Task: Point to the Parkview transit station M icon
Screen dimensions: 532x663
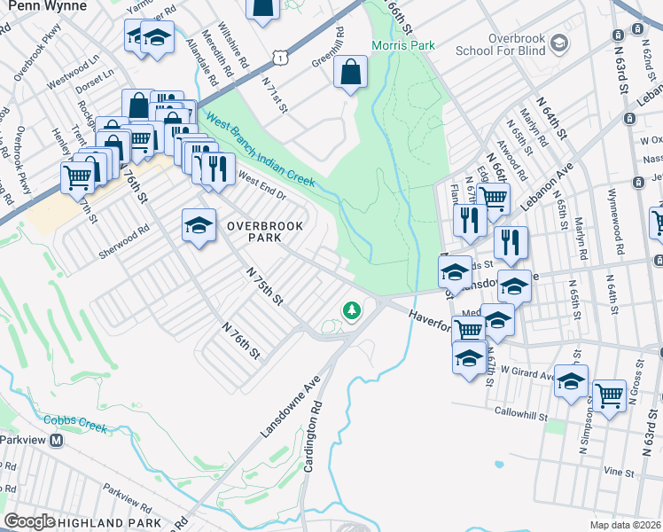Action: pyautogui.click(x=57, y=440)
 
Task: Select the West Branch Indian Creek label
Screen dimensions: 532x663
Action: pyautogui.click(x=259, y=149)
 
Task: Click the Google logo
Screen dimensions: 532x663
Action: pyautogui.click(x=29, y=521)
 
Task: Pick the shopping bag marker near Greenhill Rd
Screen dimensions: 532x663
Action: pyautogui.click(x=351, y=71)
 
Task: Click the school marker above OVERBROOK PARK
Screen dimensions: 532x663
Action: pyautogui.click(x=199, y=225)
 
